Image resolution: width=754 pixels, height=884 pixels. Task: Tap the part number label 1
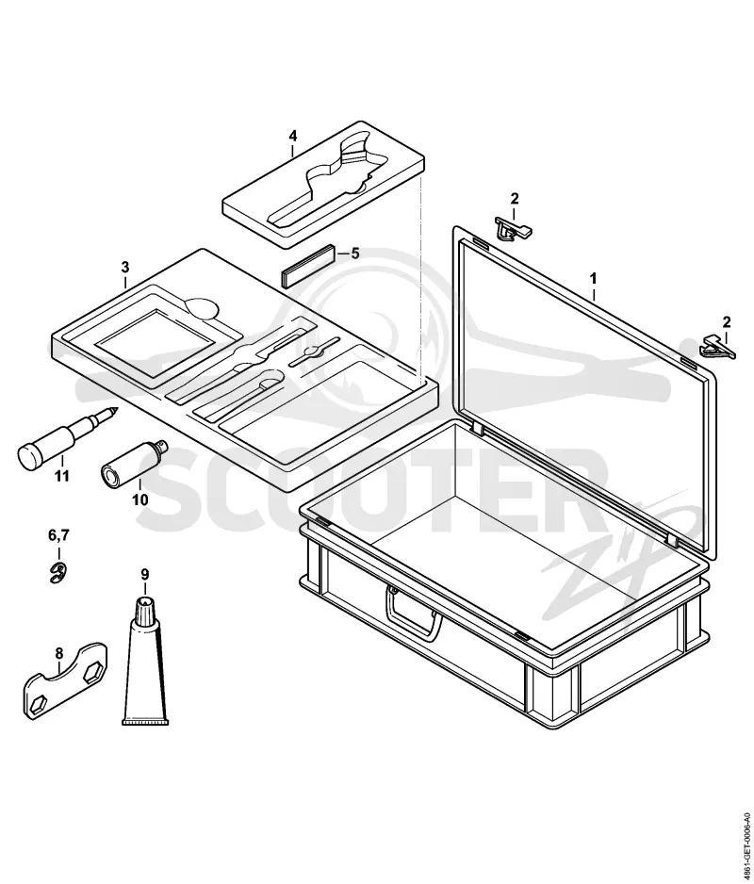click(593, 279)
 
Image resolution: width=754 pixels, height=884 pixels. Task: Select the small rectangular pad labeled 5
click(308, 266)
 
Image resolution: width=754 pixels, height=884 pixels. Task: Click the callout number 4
click(293, 137)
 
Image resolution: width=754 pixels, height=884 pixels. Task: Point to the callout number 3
click(125, 267)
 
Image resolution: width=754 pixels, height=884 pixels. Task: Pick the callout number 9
click(145, 575)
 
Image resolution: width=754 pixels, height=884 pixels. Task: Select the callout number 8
click(59, 654)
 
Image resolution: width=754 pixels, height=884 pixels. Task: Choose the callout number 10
click(139, 499)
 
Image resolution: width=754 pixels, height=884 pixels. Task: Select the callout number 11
click(61, 476)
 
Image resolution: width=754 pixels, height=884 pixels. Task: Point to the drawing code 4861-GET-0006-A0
click(746, 830)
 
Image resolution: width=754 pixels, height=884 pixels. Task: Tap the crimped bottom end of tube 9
click(146, 722)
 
